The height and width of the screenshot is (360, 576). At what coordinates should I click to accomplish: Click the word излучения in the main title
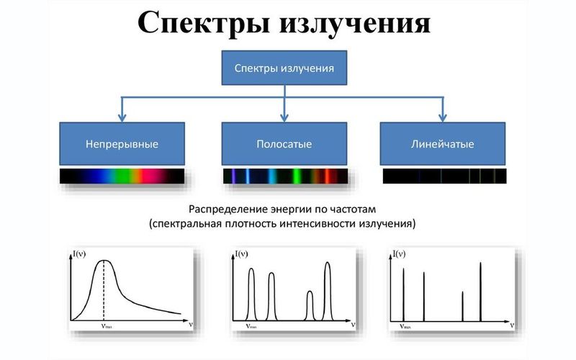click(356, 23)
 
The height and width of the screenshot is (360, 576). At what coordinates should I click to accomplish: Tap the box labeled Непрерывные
click(122, 144)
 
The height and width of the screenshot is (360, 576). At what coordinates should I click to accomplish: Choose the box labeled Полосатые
click(284, 144)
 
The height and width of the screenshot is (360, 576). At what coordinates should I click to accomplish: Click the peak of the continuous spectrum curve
click(105, 261)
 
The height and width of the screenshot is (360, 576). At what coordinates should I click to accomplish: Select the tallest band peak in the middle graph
click(328, 264)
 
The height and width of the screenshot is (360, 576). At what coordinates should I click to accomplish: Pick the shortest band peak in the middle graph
click(310, 292)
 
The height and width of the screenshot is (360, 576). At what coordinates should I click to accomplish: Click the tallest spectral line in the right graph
click(480, 264)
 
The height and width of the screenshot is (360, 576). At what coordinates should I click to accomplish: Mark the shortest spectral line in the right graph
click(462, 292)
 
